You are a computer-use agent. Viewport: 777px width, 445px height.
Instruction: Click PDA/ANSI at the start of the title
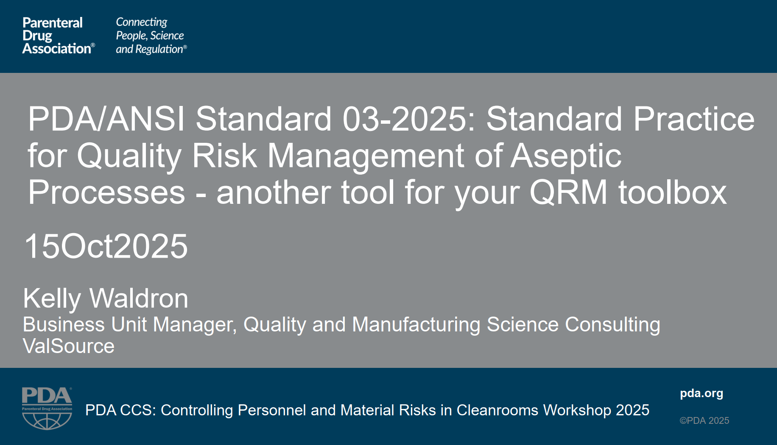106,119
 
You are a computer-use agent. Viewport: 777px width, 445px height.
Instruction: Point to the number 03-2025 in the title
409,119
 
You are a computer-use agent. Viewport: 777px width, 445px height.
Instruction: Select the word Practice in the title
694,119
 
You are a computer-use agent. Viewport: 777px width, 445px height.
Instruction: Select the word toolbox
673,192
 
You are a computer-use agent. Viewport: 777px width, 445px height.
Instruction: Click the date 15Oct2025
106,246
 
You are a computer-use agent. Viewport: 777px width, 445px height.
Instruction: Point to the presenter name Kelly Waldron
106,298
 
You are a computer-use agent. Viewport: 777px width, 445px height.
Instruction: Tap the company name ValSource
69,346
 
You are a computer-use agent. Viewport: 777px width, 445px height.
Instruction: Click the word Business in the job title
64,325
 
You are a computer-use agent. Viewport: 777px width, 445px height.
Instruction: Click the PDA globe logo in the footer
47,408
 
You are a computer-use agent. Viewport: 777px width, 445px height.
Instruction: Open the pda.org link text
702,394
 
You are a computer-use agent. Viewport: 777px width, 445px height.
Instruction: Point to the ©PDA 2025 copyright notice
704,420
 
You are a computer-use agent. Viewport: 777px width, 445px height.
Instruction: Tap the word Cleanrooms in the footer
498,410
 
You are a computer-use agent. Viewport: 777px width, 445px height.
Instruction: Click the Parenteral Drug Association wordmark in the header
59,36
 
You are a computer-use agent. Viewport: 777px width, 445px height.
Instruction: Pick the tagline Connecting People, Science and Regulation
151,36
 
